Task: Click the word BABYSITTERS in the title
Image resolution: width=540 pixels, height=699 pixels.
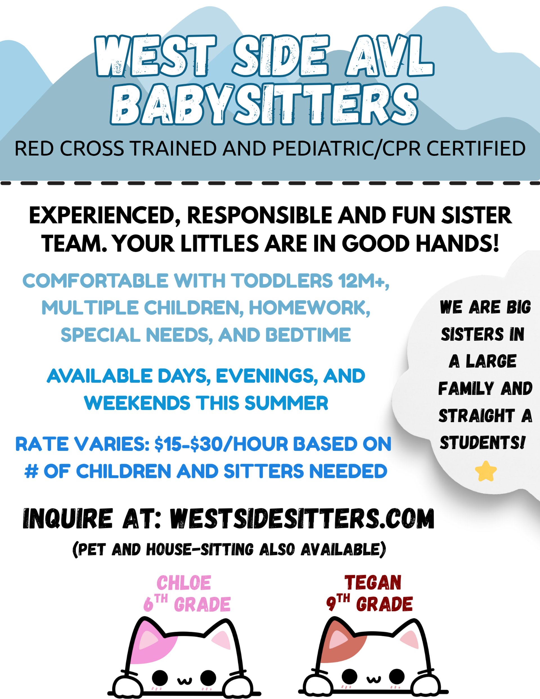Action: [x=264, y=104]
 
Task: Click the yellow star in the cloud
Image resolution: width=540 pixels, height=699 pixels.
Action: [x=486, y=471]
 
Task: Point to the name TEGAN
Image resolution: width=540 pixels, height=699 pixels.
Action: [x=373, y=582]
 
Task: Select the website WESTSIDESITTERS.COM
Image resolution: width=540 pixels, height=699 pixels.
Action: [x=301, y=518]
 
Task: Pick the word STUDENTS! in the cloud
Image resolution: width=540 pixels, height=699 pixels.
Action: [x=482, y=443]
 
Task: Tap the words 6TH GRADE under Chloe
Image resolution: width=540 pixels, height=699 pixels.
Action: [x=187, y=604]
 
